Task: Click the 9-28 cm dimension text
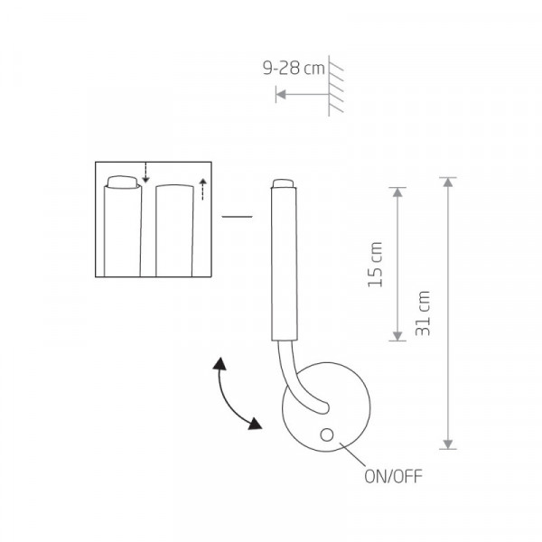[x=294, y=68]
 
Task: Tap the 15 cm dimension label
[x=376, y=265]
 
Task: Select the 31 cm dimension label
[x=423, y=313]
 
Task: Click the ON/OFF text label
[x=393, y=476]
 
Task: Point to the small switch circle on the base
[x=327, y=435]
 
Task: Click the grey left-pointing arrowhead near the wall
[x=281, y=94]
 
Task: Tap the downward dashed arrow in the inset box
[x=145, y=173]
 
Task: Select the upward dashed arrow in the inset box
[x=202, y=189]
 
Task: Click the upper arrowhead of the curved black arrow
[x=220, y=364]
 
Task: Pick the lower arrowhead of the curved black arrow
[x=255, y=424]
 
